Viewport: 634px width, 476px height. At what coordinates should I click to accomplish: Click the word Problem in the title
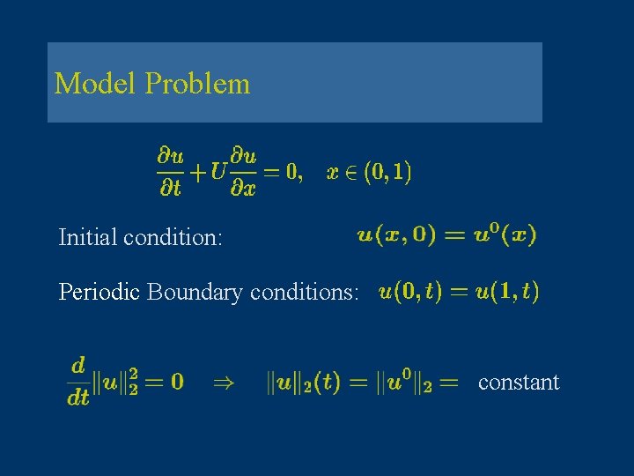tap(197, 85)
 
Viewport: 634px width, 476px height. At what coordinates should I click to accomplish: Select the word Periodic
tap(99, 292)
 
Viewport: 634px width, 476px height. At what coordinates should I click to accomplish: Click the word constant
tap(519, 382)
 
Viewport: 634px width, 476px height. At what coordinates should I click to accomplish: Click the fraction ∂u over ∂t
tap(170, 173)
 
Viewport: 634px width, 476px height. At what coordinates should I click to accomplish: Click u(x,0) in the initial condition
tap(391, 235)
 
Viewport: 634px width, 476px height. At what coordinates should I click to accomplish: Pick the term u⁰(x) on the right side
tap(501, 235)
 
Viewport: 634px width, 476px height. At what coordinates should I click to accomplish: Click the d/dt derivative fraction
tap(78, 382)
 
